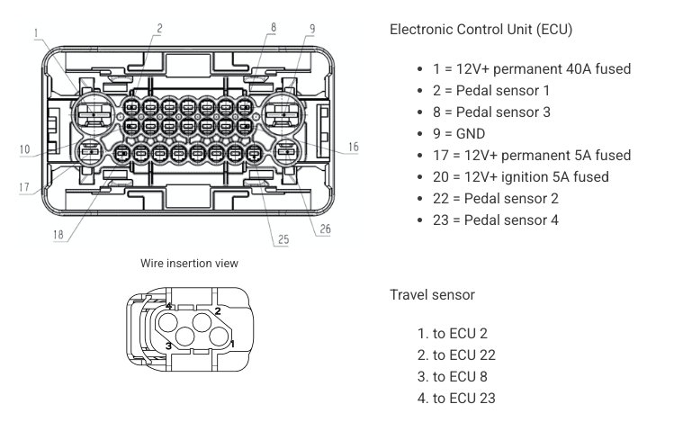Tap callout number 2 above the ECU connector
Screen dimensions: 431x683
(x=158, y=28)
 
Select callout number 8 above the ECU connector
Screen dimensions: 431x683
(x=273, y=28)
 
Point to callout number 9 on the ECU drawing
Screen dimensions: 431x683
(x=311, y=28)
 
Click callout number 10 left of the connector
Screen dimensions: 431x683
(x=23, y=149)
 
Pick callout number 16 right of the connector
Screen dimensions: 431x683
(x=353, y=146)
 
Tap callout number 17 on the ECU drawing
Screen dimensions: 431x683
(x=23, y=188)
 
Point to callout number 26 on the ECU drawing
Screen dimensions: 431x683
(x=325, y=229)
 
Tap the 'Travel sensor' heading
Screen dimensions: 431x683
(x=432, y=294)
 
